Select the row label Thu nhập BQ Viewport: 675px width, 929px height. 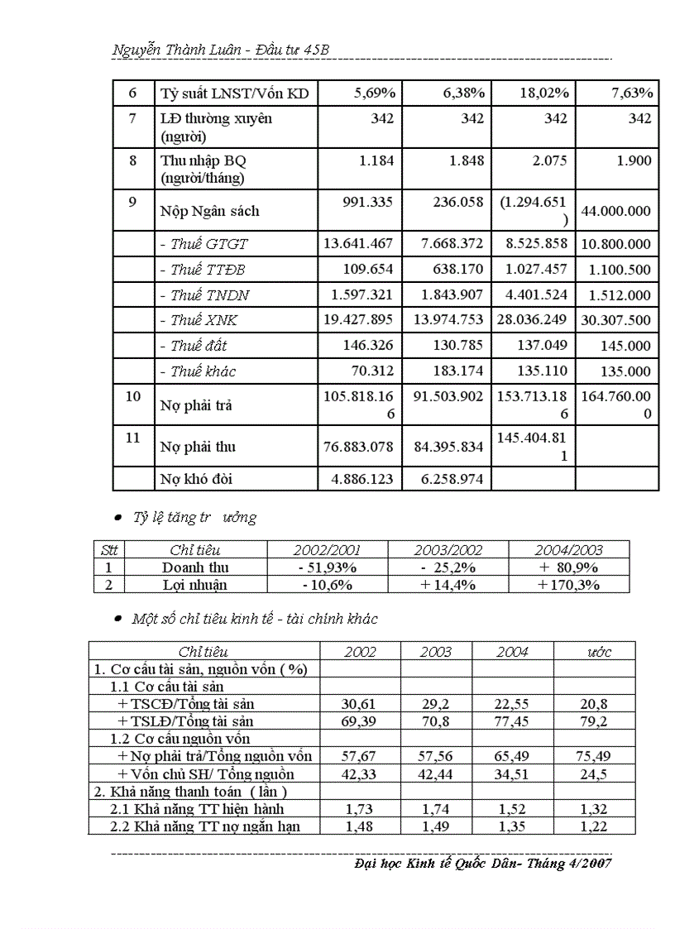click(199, 160)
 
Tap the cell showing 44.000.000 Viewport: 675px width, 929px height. click(616, 211)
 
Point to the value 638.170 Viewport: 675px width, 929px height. click(454, 270)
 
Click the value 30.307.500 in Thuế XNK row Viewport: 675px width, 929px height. click(616, 320)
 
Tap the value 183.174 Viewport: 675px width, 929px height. click(454, 371)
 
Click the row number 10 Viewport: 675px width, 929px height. click(133, 396)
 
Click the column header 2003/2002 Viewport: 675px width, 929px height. click(448, 550)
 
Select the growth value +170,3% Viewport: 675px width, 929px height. click(568, 585)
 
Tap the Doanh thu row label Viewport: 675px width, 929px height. click(195, 567)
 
